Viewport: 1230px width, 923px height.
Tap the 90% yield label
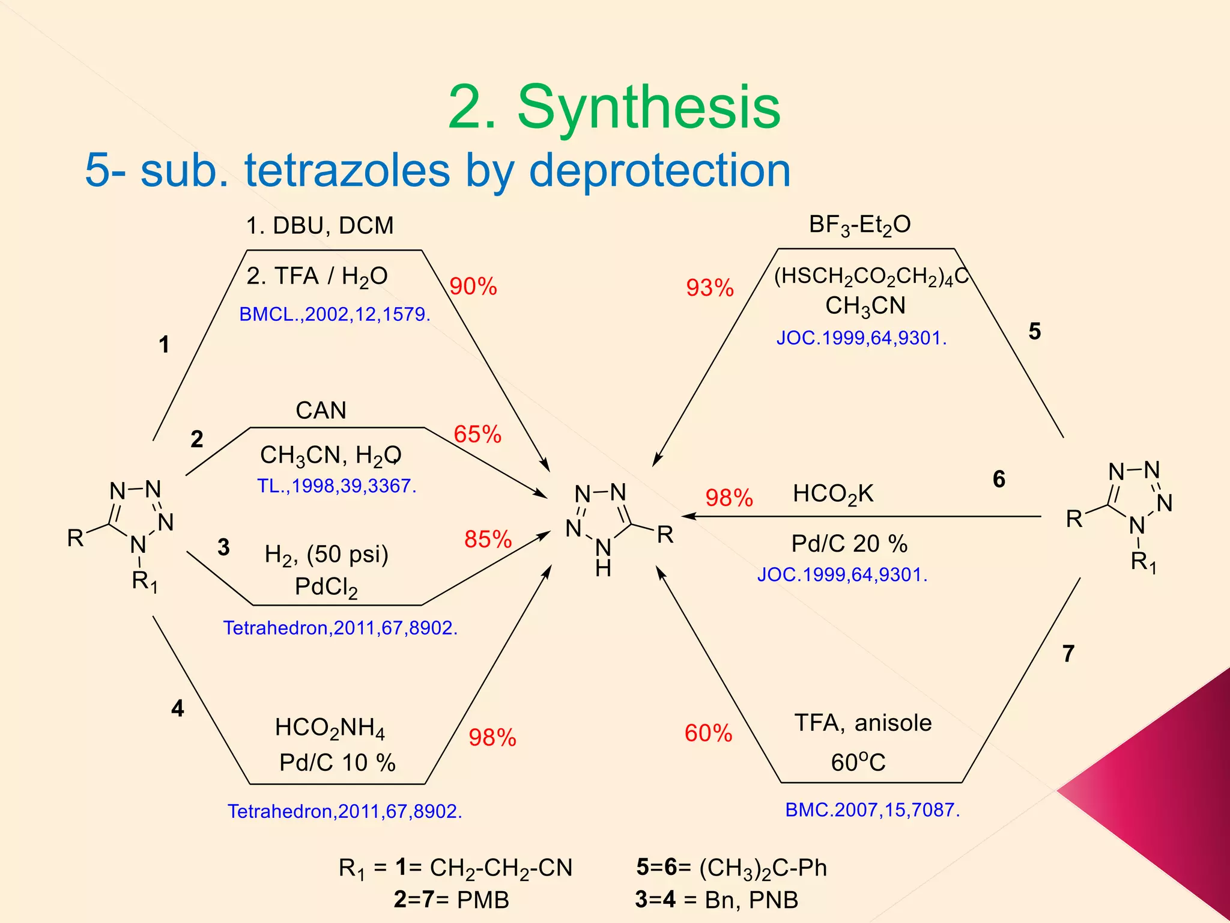click(x=473, y=287)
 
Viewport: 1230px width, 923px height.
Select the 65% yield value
click(x=477, y=434)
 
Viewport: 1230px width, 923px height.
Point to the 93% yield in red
click(x=710, y=288)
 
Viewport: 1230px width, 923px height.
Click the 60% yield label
click(x=708, y=733)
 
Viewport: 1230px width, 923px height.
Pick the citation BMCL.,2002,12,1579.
click(x=335, y=314)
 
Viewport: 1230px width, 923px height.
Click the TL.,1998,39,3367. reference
click(x=336, y=486)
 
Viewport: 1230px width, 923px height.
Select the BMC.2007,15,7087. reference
click(x=872, y=810)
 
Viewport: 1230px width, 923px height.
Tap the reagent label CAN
click(x=321, y=410)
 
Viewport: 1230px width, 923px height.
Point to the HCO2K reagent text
click(x=833, y=495)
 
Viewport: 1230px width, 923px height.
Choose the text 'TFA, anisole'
click(x=863, y=723)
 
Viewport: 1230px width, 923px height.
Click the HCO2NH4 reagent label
click(x=330, y=728)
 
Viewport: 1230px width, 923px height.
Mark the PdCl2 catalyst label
click(x=326, y=587)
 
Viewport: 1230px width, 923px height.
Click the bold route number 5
click(x=1034, y=331)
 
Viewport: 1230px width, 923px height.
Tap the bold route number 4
click(x=177, y=708)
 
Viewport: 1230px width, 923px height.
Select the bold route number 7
click(x=1068, y=653)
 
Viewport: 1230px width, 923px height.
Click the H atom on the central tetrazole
click(x=603, y=568)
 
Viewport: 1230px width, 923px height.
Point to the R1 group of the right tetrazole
click(x=1143, y=562)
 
